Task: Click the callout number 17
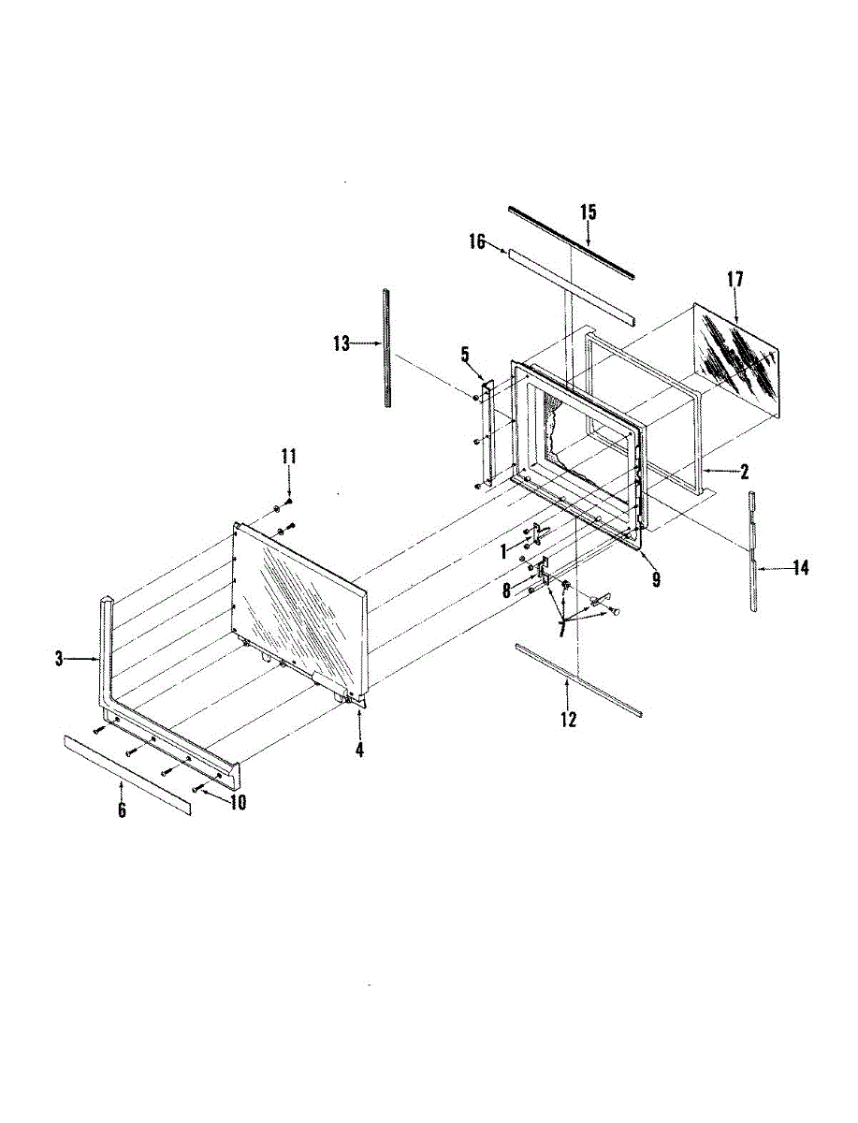[734, 279]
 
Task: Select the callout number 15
[588, 212]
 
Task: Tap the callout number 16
[476, 242]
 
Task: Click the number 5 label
[464, 354]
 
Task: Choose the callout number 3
[59, 659]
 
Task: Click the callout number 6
[122, 810]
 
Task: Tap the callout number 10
[238, 802]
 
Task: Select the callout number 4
[359, 749]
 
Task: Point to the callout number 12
[568, 719]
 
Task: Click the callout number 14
[800, 567]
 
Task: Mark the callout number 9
[656, 580]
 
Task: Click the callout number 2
[744, 472]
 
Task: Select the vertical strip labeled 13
[385, 348]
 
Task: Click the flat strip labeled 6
[126, 775]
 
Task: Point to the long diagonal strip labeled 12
[578, 679]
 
